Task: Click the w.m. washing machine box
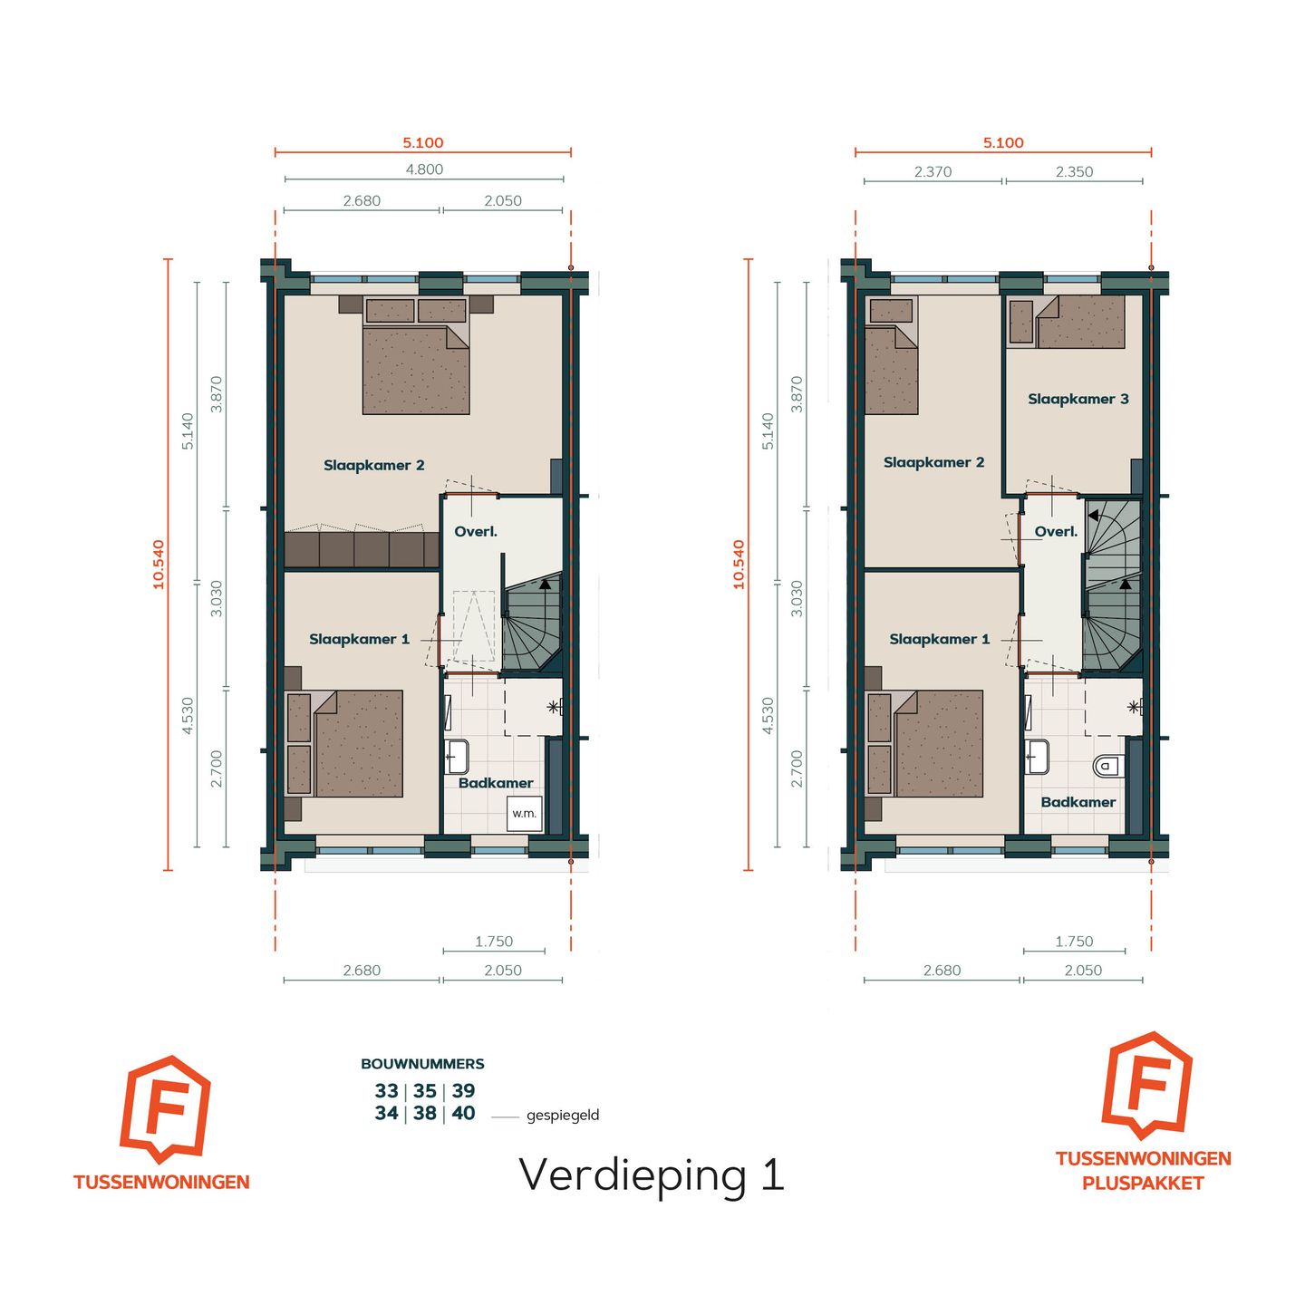coord(524,813)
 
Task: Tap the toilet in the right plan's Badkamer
coord(1107,767)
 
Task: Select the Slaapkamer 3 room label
coord(1078,399)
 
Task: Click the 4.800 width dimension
coord(423,169)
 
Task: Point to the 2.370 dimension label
coord(933,172)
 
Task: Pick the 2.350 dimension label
coord(1074,172)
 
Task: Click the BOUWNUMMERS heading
coord(422,1064)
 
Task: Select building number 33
coord(386,1091)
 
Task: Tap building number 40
coord(463,1114)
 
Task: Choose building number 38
coord(424,1114)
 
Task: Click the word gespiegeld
coord(563,1116)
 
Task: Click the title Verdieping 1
coord(651,1175)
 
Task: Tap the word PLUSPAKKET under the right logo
coord(1143,1183)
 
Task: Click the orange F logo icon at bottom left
coord(165,1108)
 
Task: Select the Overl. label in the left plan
coord(476,532)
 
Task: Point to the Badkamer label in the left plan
coord(496,783)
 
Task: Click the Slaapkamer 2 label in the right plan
coord(933,462)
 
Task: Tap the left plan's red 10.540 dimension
coord(159,565)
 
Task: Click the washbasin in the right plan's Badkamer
coord(1037,756)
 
